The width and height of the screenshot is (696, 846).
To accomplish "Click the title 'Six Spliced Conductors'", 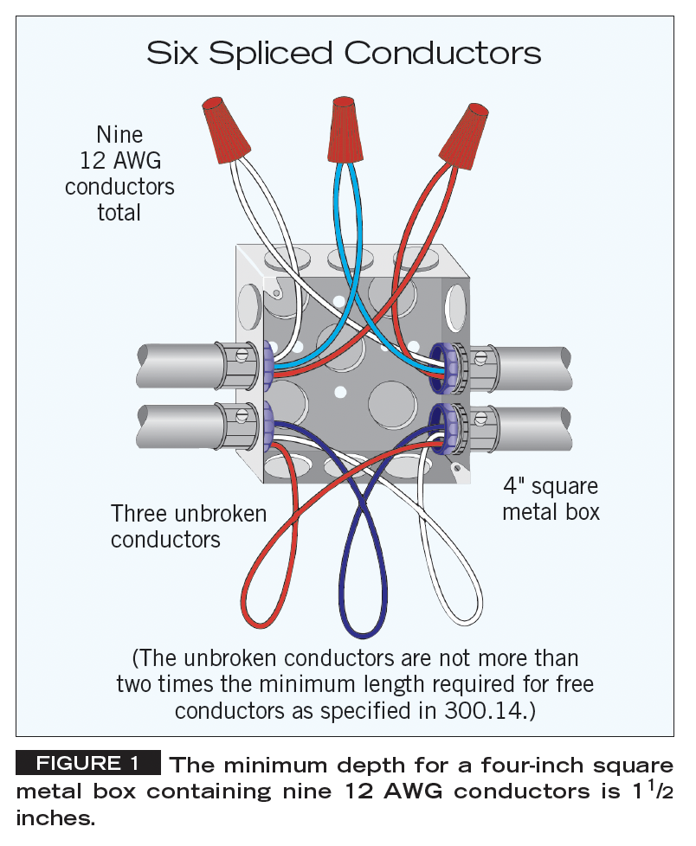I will [x=344, y=54].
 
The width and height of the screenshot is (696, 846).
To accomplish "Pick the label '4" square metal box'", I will [x=551, y=499].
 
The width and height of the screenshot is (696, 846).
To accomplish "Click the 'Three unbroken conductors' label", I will [x=189, y=526].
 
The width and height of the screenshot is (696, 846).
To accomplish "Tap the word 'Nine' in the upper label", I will [x=119, y=135].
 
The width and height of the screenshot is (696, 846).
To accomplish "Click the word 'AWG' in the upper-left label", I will [x=142, y=161].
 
